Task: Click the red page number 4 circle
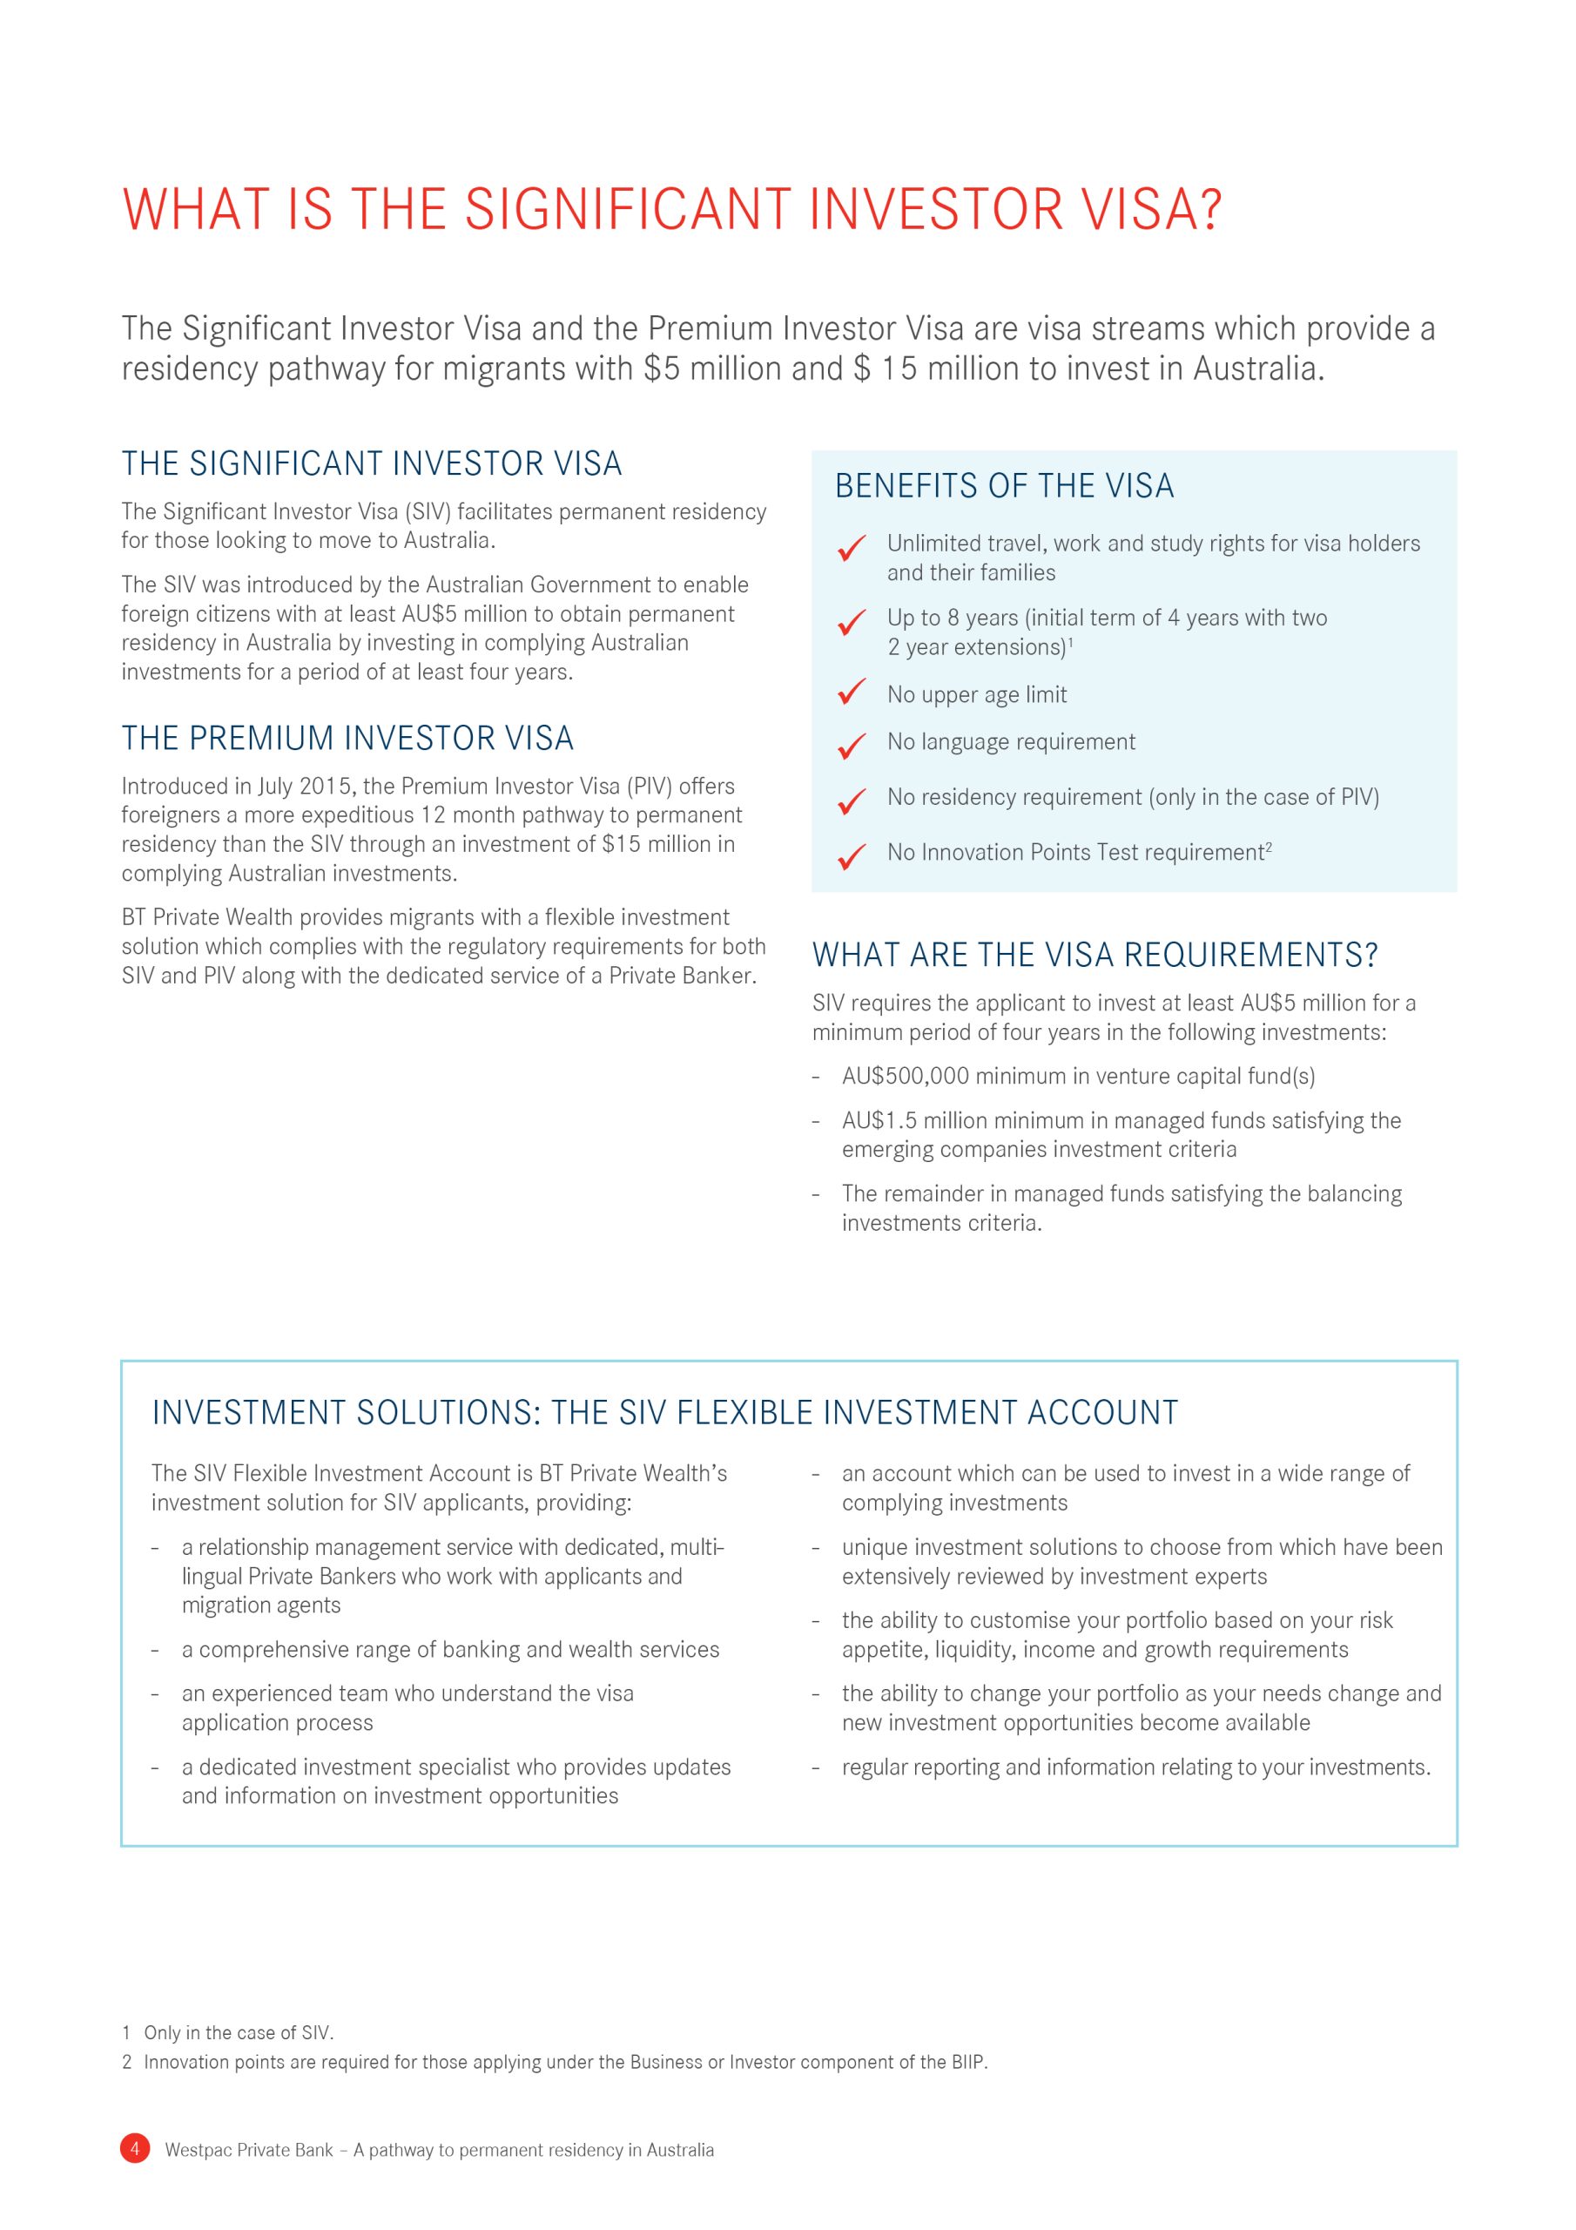(135, 2148)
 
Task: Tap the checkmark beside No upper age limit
(852, 693)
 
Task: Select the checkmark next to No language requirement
(852, 745)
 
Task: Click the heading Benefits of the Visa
(1004, 485)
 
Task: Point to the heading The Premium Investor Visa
(347, 738)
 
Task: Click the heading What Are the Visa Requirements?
(1094, 955)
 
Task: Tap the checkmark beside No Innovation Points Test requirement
(852, 855)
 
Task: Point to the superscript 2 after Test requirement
(1270, 846)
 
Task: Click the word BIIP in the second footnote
(967, 2062)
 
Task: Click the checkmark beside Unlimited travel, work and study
(852, 548)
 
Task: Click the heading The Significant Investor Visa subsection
(371, 463)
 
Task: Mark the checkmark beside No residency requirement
(852, 801)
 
